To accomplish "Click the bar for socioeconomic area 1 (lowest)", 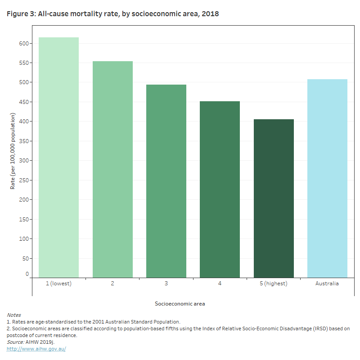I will (x=58, y=157).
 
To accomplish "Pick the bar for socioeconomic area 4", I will (x=220, y=189).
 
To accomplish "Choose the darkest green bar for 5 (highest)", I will (x=274, y=198).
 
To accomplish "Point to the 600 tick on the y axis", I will (x=24, y=44).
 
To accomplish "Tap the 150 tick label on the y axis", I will (x=24, y=220).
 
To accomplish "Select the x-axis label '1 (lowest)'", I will (x=58, y=284).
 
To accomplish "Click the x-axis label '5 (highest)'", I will (x=274, y=284).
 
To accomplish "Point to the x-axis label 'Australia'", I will (x=327, y=284).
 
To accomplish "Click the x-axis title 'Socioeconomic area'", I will (x=180, y=304).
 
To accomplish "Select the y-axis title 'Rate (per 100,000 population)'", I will (x=13, y=151).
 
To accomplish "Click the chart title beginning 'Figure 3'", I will (x=112, y=14).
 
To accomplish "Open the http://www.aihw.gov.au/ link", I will (x=36, y=349).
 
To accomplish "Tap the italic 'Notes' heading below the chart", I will (x=13, y=315).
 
